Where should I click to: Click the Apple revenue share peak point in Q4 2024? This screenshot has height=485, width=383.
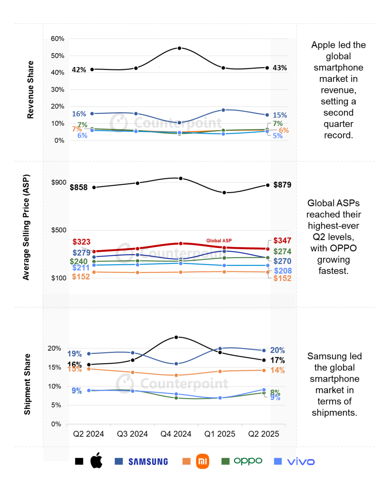(x=179, y=48)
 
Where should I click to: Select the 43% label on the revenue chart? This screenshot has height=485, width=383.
(x=279, y=68)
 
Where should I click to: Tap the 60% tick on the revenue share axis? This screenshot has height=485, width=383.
(x=57, y=39)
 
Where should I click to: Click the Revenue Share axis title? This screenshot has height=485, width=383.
(x=30, y=90)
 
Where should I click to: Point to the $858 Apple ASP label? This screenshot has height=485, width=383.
(x=78, y=188)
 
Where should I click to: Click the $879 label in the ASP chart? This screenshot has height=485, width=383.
(x=282, y=185)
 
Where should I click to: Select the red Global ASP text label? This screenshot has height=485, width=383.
(x=219, y=241)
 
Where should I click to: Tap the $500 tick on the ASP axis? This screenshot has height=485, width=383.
(x=59, y=230)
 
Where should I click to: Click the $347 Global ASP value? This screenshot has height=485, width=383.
(x=282, y=241)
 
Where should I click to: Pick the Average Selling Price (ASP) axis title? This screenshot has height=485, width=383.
(x=26, y=227)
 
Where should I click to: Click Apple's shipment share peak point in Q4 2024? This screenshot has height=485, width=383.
(x=176, y=337)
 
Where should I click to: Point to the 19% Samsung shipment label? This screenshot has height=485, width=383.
(x=74, y=354)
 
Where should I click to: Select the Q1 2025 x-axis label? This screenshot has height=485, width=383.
(x=220, y=434)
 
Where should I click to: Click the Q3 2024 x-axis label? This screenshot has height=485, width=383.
(x=132, y=434)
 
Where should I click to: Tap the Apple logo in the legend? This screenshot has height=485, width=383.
(x=96, y=461)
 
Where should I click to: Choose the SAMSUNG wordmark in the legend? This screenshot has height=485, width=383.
(x=148, y=462)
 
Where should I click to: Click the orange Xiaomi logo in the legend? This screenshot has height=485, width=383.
(x=202, y=461)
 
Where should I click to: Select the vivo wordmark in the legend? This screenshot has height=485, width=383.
(x=301, y=462)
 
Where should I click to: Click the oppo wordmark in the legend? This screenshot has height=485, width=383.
(x=248, y=461)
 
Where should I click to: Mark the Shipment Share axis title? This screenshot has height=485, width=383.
(x=27, y=384)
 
